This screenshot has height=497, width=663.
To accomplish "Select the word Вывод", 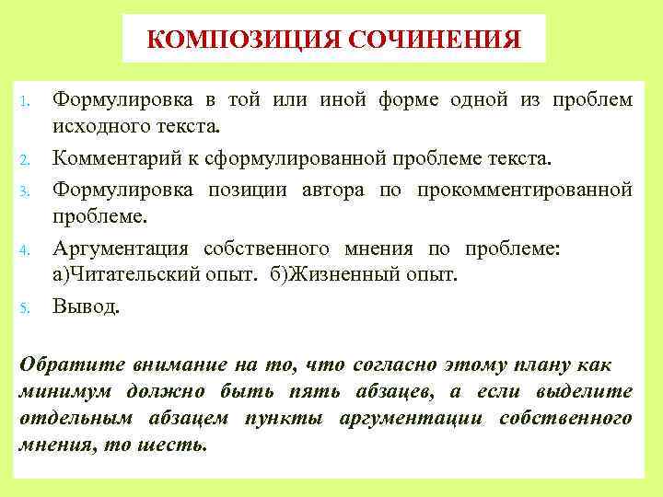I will [86, 306].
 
